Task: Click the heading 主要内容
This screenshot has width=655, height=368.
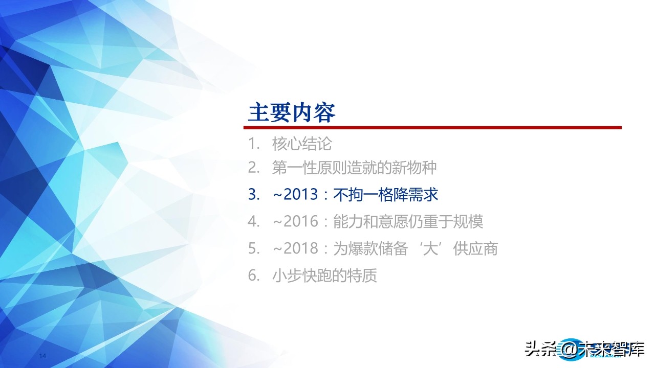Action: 292,112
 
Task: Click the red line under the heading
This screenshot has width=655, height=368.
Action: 434,128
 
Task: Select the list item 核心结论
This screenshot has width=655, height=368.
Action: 302,144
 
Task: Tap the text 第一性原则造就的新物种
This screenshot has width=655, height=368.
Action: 354,168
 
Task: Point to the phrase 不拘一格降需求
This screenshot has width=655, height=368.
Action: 386,195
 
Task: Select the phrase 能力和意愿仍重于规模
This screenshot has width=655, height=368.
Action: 408,222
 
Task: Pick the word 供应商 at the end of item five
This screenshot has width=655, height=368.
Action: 475,249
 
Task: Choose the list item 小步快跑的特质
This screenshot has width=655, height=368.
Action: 324,276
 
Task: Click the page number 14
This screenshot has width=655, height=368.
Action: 43,355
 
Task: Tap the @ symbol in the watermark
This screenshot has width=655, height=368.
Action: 568,350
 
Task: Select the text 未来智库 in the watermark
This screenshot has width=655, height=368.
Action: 612,350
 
